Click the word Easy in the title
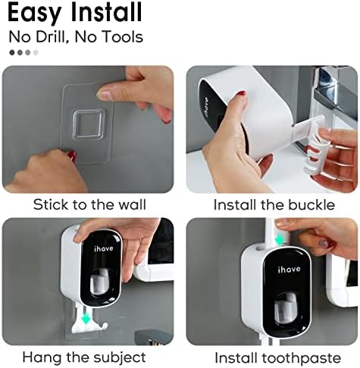[x=35, y=13]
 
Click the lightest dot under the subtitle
[x=36, y=52]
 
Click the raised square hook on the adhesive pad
[x=89, y=124]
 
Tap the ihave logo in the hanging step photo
[x=104, y=248]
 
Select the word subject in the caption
[x=119, y=357]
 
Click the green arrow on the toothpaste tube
[x=280, y=239]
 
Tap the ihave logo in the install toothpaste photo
[x=290, y=270]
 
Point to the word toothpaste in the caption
[x=301, y=358]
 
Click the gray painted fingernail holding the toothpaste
[x=323, y=244]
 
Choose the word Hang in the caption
[x=42, y=358]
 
